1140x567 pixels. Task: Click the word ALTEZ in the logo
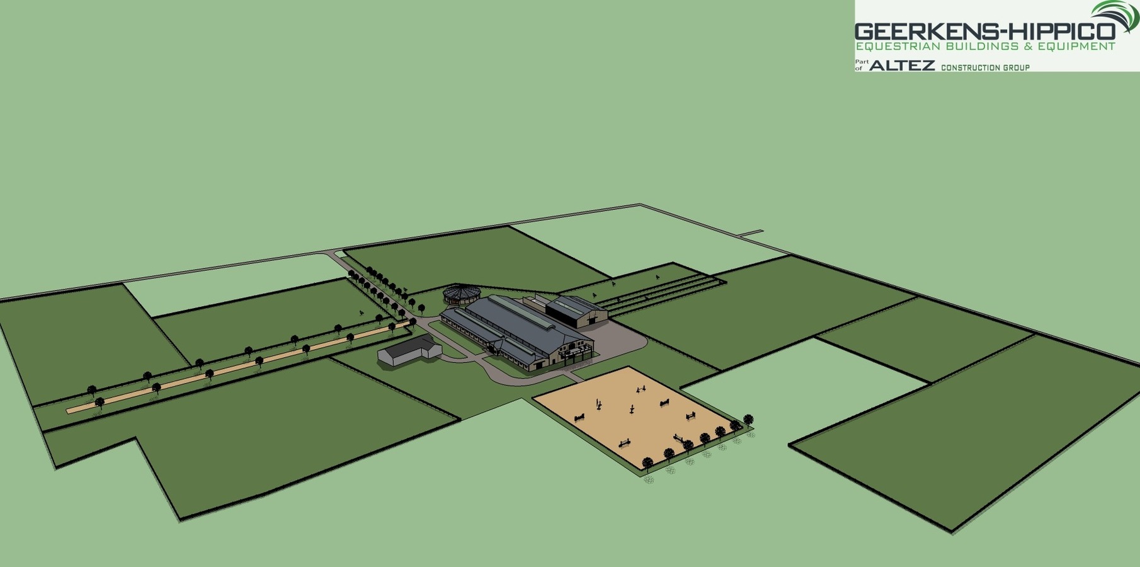tap(902, 66)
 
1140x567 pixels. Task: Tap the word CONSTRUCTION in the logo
tap(972, 67)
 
